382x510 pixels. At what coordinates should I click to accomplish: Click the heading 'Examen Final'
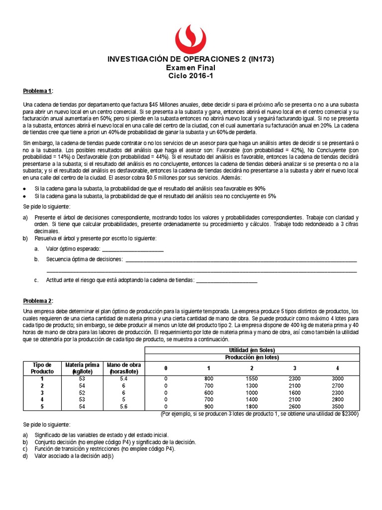191,68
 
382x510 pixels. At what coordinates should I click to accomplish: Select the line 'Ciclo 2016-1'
191,76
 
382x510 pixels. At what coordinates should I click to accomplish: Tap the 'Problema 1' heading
38,91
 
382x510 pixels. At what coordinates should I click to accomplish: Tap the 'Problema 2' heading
38,301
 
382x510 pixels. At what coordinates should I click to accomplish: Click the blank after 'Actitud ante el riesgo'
227,280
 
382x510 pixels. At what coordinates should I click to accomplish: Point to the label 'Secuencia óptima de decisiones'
84,259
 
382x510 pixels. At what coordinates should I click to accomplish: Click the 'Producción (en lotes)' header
251,358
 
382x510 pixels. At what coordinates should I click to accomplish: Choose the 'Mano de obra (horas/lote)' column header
124,368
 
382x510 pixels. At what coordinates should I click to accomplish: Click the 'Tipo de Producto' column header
42,368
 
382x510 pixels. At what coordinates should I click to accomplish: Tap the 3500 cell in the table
337,406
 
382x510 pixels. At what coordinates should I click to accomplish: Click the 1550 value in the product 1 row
252,379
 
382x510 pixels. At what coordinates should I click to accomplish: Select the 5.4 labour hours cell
124,379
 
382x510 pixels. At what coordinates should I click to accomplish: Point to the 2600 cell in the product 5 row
294,406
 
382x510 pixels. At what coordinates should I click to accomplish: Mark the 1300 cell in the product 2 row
252,385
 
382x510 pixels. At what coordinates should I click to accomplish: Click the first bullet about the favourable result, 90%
150,189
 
